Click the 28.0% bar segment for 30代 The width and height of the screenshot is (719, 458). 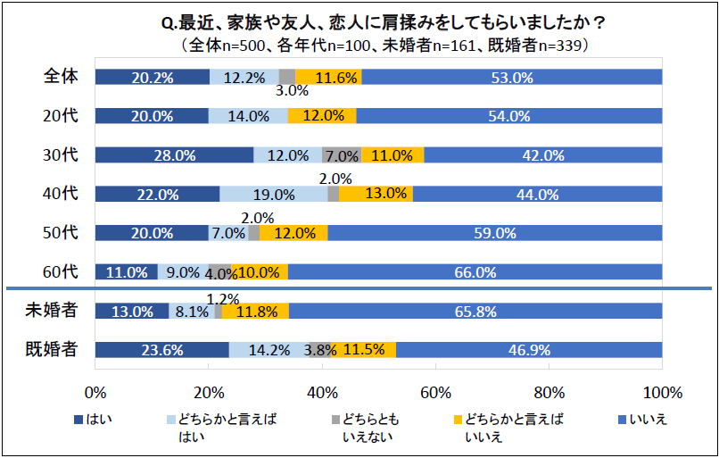[174, 155]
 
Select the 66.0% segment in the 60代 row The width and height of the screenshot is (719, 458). [475, 272]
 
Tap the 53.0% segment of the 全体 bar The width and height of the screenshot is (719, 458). [512, 78]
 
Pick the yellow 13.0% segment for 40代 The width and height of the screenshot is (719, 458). [376, 194]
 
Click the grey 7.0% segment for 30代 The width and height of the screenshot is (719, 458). [341, 155]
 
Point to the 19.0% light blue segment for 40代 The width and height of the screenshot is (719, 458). [273, 194]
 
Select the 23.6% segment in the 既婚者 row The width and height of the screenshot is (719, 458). [161, 350]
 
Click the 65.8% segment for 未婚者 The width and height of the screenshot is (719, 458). [475, 312]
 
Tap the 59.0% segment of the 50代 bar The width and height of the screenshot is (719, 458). [494, 233]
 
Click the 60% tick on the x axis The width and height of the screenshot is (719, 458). [434, 393]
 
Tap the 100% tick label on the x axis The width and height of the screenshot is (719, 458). [661, 393]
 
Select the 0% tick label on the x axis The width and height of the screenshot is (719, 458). [95, 393]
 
